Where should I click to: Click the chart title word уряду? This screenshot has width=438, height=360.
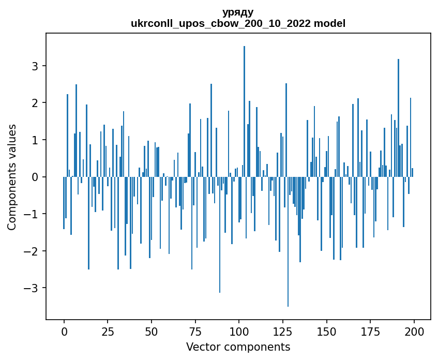238,12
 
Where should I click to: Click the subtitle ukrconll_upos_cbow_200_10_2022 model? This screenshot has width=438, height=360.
238,23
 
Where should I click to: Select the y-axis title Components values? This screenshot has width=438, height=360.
12,177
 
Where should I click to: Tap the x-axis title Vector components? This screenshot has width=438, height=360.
238,347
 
